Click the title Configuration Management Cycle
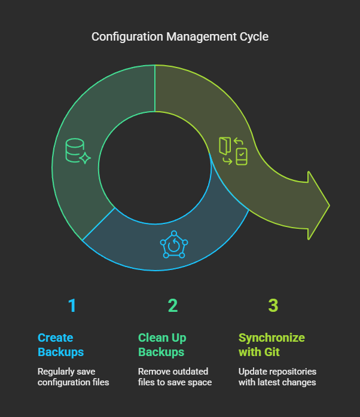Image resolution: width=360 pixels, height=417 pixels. pyautogui.click(x=180, y=36)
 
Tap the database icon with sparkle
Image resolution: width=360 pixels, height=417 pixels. pyautogui.click(x=77, y=152)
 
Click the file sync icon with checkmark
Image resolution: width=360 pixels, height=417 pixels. pyautogui.click(x=233, y=151)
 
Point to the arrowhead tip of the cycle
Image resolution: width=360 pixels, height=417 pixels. pyautogui.click(x=328, y=206)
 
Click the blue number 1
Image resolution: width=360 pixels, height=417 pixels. pyautogui.click(x=72, y=305)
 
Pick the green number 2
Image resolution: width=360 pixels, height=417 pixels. pyautogui.click(x=173, y=305)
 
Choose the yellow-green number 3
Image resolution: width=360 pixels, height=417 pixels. pyautogui.click(x=273, y=305)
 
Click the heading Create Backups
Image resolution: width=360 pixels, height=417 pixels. pyautogui.click(x=60, y=344)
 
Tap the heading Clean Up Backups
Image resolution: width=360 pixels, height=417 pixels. pyautogui.click(x=161, y=344)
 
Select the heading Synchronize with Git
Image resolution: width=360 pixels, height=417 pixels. pyautogui.click(x=271, y=344)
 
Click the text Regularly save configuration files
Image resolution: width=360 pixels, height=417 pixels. pyautogui.click(x=73, y=376)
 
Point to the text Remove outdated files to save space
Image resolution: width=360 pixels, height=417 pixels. pyautogui.click(x=175, y=376)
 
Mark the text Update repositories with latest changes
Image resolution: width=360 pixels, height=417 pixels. pyautogui.click(x=277, y=376)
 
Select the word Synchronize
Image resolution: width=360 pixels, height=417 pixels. pyautogui.click(x=271, y=337)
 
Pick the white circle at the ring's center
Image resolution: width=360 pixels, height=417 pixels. pyautogui.click(x=155, y=168)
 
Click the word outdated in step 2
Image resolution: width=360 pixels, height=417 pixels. pyautogui.click(x=193, y=371)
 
